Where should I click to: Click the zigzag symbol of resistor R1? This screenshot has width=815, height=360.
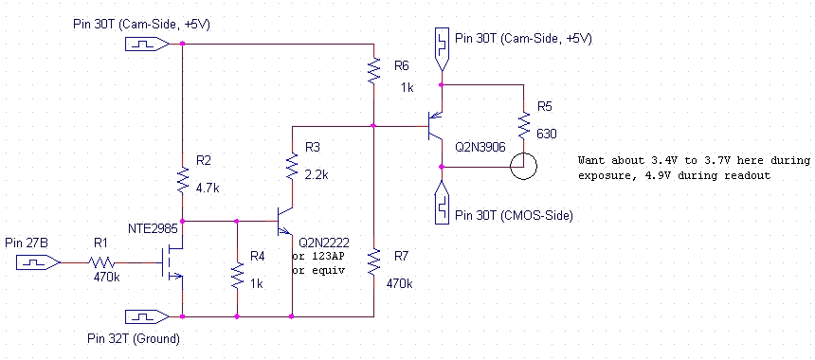click(x=101, y=262)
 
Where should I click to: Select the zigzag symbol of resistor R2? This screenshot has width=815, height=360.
click(x=183, y=180)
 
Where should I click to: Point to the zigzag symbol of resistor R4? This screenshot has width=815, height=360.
click(x=237, y=276)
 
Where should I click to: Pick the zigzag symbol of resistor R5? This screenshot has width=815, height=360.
click(x=523, y=126)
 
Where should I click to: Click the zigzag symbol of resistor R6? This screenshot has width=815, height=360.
click(x=373, y=71)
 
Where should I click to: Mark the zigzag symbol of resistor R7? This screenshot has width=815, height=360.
click(x=373, y=261)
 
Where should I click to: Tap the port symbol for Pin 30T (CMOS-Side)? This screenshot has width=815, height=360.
click(x=442, y=203)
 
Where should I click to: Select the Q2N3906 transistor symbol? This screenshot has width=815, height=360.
click(x=435, y=126)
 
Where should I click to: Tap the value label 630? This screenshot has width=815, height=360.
click(x=546, y=134)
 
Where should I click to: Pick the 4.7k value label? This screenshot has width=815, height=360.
click(x=208, y=188)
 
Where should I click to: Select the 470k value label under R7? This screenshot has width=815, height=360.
click(x=399, y=283)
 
